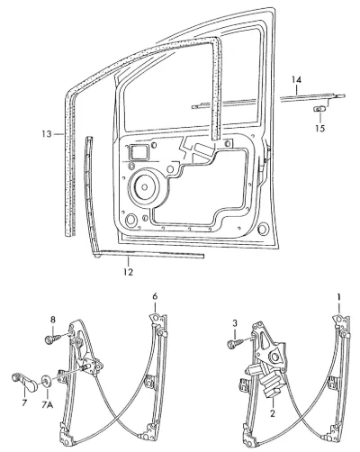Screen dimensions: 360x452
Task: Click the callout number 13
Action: point(47,133)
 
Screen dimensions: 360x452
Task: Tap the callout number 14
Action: point(296,80)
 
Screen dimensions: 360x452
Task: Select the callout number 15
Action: point(320,129)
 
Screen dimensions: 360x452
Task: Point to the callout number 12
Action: point(128,272)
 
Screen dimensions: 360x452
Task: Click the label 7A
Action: point(48,405)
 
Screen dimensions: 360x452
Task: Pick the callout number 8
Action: point(53,320)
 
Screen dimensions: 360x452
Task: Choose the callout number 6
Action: point(155,296)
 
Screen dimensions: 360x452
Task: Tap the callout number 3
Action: point(235,323)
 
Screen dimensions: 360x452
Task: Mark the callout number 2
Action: point(273,413)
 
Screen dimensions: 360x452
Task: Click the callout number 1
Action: point(338,297)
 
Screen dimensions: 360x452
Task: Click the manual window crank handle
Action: point(25,382)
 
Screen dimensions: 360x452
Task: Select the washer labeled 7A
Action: point(47,381)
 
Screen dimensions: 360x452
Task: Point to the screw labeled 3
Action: point(236,343)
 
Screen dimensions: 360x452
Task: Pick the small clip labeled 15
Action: point(319,109)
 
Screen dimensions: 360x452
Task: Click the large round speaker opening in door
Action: point(145,186)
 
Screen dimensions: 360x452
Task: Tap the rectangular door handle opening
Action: point(139,152)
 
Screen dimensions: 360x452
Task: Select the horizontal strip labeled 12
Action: point(149,255)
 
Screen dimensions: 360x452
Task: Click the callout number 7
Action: point(24,402)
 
